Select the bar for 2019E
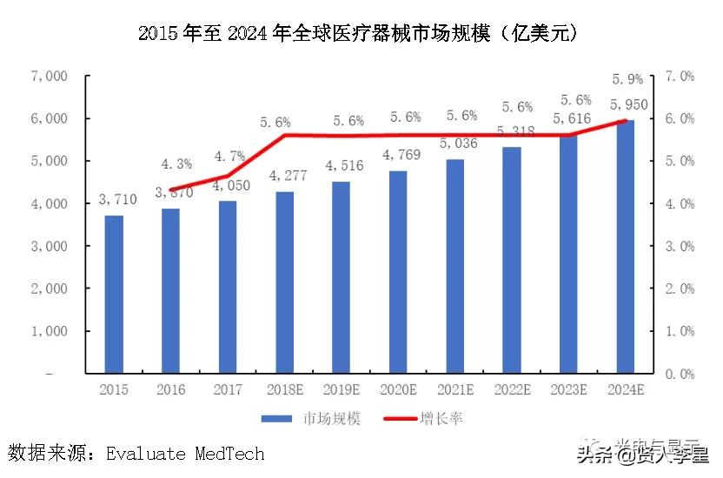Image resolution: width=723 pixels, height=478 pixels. click(341, 277)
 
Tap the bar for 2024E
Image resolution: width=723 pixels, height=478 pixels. click(625, 247)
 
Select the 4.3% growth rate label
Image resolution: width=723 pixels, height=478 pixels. click(176, 163)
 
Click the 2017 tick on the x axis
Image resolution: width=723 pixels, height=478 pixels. click(228, 389)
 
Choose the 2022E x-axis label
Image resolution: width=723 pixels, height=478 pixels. click(512, 389)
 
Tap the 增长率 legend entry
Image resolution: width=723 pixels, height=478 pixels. click(441, 419)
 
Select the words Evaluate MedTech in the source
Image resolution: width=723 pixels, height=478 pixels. click(185, 454)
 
